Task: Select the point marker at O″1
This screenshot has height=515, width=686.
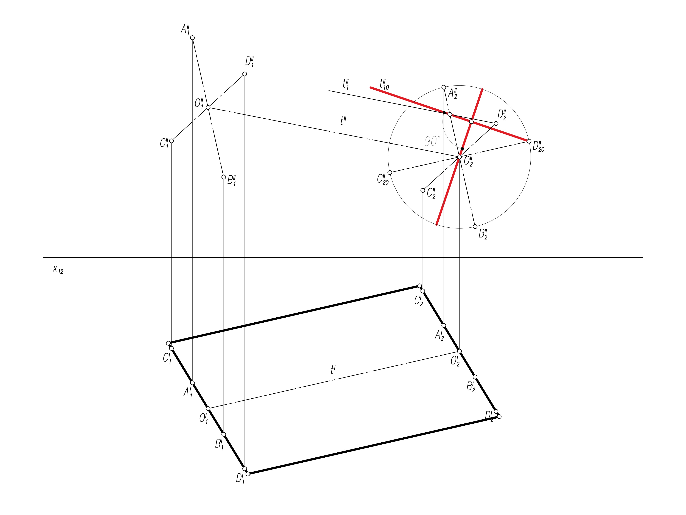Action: [208, 107]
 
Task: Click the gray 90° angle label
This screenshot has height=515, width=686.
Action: [432, 141]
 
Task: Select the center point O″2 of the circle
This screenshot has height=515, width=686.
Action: [459, 157]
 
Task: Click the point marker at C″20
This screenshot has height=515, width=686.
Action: [390, 173]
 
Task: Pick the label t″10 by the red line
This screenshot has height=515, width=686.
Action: [384, 84]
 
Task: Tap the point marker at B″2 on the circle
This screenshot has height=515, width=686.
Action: [475, 227]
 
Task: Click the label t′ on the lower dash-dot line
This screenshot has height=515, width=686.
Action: [333, 370]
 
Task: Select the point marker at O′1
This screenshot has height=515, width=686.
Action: [208, 408]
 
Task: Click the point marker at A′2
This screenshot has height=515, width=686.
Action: [444, 325]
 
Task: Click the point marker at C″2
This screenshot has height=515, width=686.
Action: [423, 190]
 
